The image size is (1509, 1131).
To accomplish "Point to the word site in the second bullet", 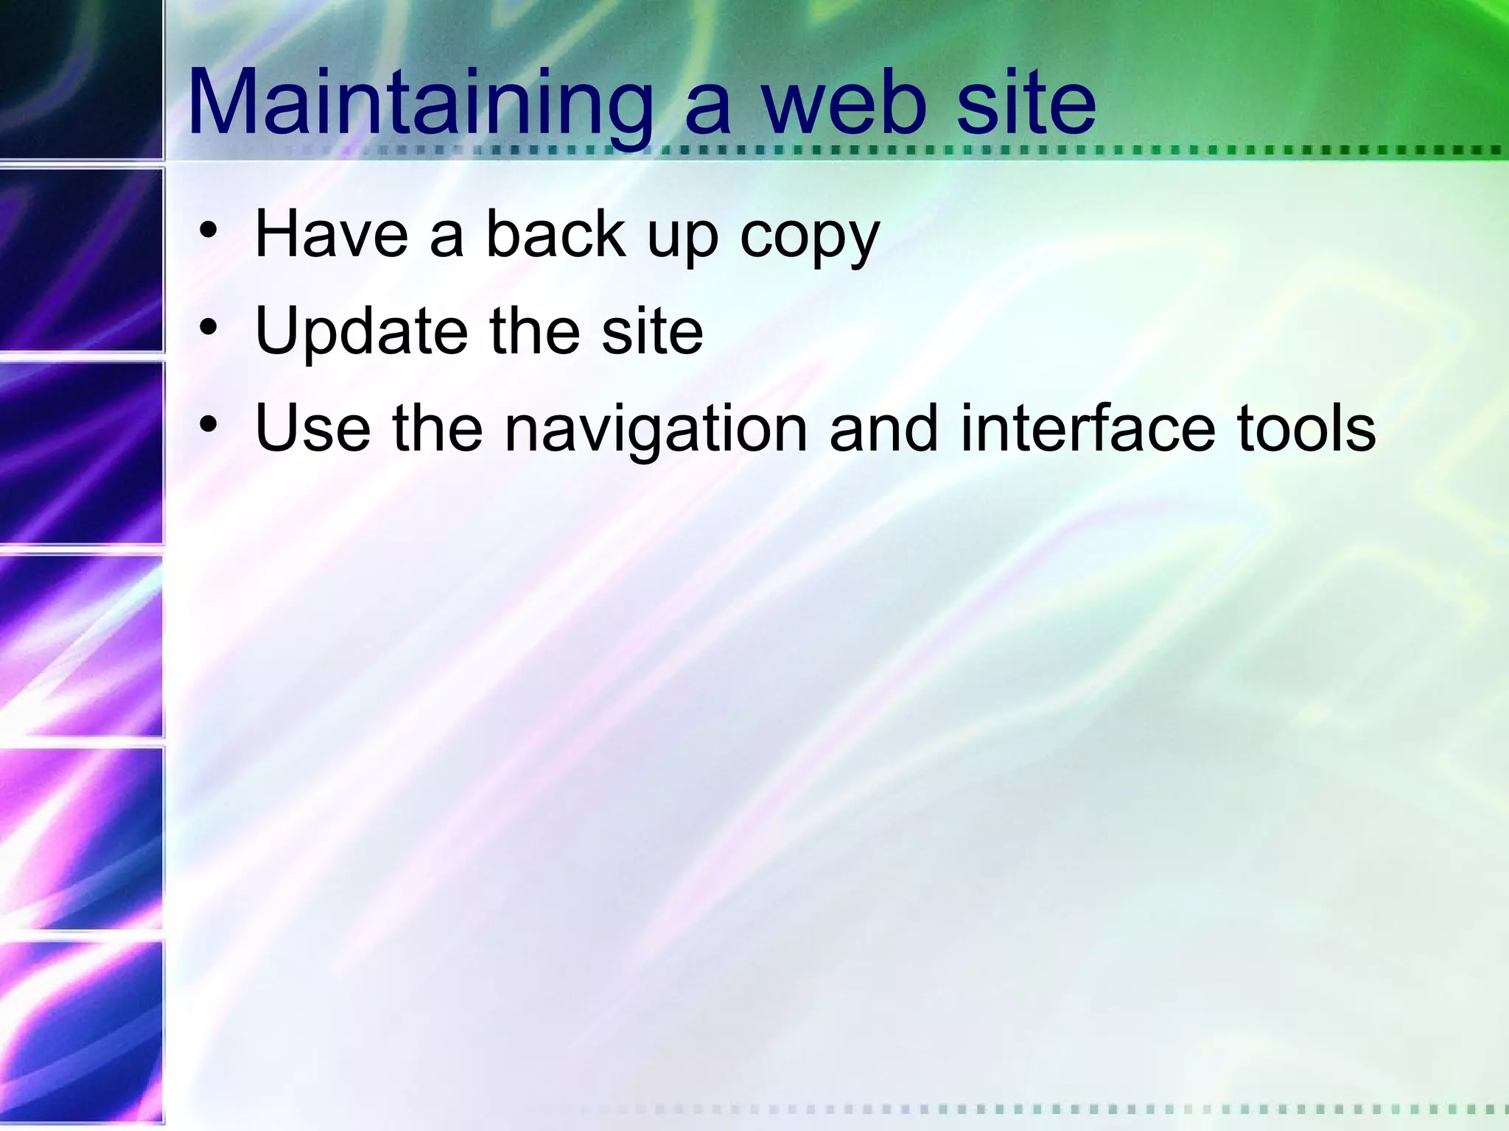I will (652, 331).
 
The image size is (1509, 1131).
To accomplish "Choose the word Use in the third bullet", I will (312, 429).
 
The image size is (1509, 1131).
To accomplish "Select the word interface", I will (1088, 429).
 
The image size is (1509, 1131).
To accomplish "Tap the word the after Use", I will (438, 429).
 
